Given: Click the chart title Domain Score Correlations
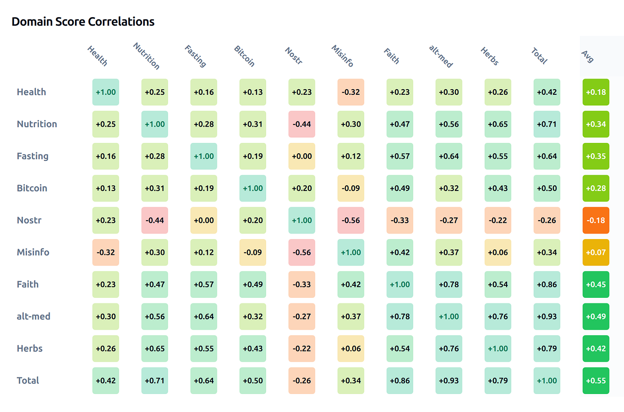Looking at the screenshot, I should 83,21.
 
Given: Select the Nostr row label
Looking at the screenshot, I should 29,220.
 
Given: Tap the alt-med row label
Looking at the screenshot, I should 33,316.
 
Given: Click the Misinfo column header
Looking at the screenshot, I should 342,56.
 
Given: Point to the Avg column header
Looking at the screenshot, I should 588,56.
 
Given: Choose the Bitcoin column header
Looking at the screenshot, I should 244,56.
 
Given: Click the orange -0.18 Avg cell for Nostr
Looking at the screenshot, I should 596,220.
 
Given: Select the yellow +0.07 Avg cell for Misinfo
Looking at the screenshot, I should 596,252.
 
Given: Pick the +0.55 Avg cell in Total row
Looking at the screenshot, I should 596,381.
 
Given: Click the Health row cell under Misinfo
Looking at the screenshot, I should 351,92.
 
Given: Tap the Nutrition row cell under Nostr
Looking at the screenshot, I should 302,124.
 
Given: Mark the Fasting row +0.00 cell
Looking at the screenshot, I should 302,156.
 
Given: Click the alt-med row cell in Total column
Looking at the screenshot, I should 547,316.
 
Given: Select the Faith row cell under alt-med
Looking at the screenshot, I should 449,285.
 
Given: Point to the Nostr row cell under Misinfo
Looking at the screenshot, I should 351,220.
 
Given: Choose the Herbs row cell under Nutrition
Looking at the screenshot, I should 155,348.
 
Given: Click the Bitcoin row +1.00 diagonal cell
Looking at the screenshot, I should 253,188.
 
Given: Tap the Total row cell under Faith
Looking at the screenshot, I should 400,381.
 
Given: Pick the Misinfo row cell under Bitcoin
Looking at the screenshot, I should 253,252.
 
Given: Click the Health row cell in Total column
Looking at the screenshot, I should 547,92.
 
